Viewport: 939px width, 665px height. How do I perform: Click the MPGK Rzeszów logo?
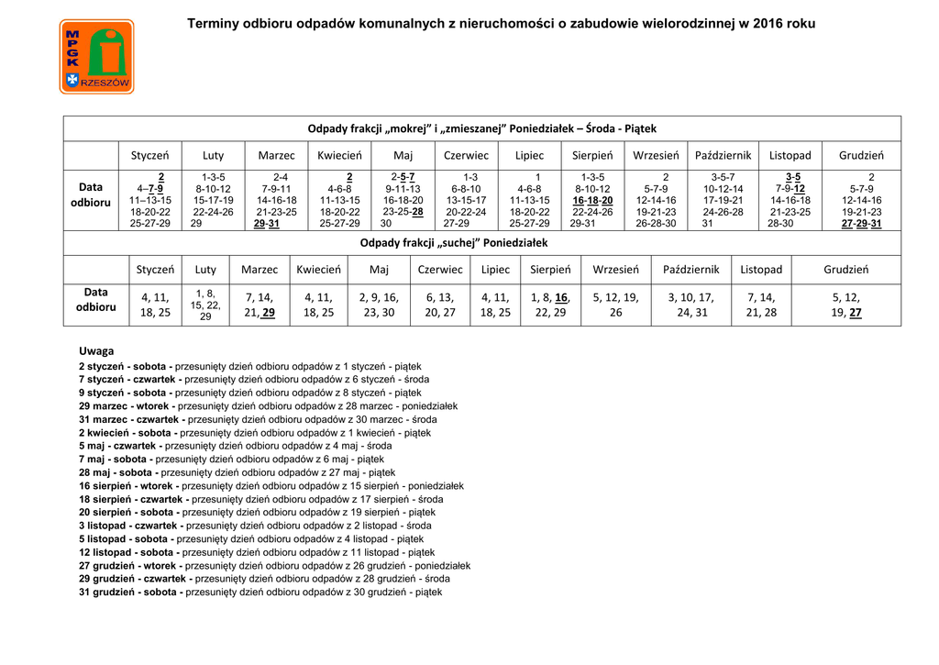coord(96,58)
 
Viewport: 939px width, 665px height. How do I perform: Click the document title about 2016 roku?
coord(501,23)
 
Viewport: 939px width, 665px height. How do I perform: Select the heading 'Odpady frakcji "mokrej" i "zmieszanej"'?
coord(481,128)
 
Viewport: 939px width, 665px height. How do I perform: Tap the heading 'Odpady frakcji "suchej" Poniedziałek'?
coord(454,243)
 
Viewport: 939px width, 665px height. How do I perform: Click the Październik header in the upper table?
coord(723,155)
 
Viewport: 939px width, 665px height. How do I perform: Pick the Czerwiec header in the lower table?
coord(440,270)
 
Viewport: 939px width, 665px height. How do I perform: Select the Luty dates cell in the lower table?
coord(205,305)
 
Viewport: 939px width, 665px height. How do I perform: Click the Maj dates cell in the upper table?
coord(403,200)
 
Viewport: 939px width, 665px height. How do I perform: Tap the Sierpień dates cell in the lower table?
coord(550,305)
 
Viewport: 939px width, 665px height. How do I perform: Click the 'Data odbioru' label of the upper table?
coord(91,194)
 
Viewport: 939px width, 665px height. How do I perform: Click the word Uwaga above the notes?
coord(96,351)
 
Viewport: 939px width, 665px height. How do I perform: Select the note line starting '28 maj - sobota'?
coord(237,472)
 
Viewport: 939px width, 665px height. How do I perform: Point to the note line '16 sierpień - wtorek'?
coord(271,486)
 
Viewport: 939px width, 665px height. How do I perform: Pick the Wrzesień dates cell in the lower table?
coord(615,305)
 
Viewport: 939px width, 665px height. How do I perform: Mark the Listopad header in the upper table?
coord(790,155)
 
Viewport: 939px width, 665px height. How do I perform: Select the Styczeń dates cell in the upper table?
coord(149,200)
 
